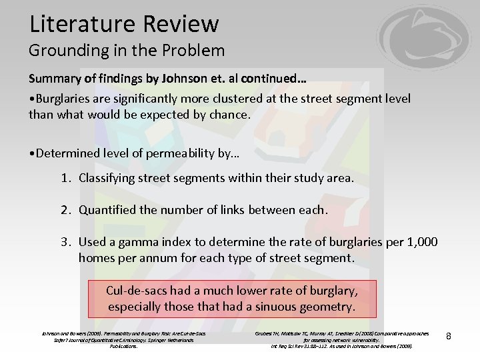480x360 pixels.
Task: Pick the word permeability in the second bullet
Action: click(175, 153)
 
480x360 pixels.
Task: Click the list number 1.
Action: click(65, 178)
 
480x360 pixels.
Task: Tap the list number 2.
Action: click(65, 210)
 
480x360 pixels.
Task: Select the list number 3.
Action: click(65, 242)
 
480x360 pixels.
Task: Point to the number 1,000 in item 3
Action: click(421, 242)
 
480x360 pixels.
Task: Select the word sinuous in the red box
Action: click(283, 307)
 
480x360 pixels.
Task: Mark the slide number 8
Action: click(449, 336)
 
